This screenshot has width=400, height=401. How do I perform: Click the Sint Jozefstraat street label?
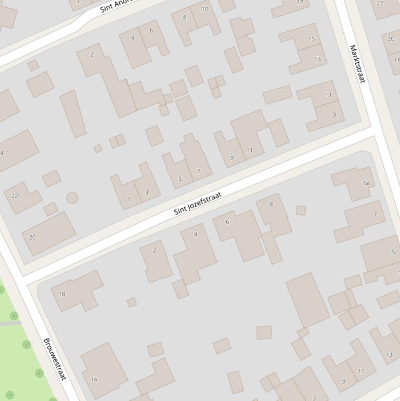point(198,204)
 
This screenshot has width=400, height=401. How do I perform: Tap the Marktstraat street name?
point(357,64)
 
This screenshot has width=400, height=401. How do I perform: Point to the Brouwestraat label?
point(55,359)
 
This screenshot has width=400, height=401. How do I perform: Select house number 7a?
point(366,183)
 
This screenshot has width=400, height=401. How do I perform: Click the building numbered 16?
point(94,379)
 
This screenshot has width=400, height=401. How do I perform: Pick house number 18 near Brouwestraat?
point(62,294)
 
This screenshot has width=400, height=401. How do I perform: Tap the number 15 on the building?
point(311,39)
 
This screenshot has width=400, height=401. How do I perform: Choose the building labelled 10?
point(204,9)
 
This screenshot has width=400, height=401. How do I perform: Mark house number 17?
point(300,3)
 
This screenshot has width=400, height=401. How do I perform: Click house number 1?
point(128,199)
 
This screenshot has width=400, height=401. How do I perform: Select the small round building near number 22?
point(72,198)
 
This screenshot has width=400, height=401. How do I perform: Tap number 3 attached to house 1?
point(147,192)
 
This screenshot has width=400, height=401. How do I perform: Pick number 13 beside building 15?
point(317,59)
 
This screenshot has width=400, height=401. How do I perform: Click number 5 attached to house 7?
point(180,179)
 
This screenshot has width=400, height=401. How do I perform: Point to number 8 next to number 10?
point(184,17)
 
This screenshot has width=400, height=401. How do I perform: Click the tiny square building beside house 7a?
point(301,210)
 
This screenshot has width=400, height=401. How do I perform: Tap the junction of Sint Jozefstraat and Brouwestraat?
point(24,279)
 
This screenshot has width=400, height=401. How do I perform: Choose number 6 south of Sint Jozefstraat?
point(227,222)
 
